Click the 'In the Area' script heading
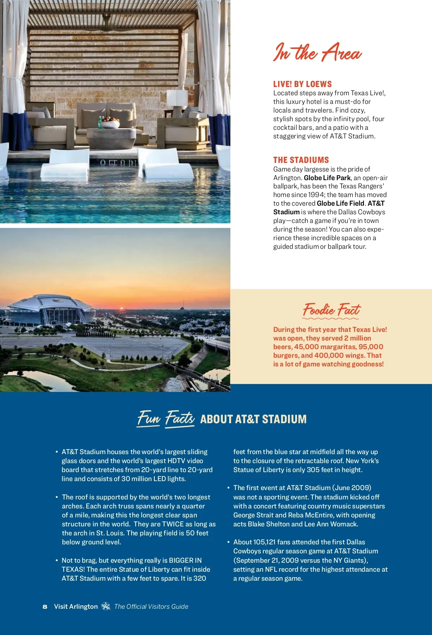pyautogui.click(x=317, y=53)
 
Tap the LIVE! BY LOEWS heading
pyautogui.click(x=302, y=84)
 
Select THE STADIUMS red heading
pyautogui.click(x=301, y=160)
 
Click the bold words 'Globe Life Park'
pyautogui.click(x=327, y=178)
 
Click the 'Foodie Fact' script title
pyautogui.click(x=331, y=310)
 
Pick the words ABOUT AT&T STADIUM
pyautogui.click(x=253, y=419)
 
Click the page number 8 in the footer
pyautogui.click(x=45, y=607)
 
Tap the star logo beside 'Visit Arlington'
pyautogui.click(x=106, y=606)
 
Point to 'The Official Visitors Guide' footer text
pyautogui.click(x=151, y=607)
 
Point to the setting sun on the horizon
pyautogui.click(x=122, y=308)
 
